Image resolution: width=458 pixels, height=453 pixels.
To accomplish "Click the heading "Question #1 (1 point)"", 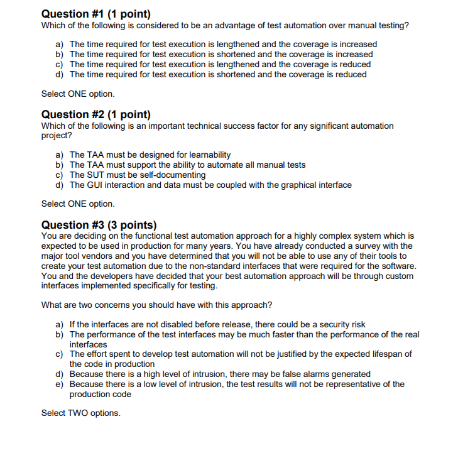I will coord(95,14).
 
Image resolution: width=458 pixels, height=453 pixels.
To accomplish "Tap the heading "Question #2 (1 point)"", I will coord(95,114).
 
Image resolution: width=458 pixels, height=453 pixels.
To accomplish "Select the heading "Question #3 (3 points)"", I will coord(99,225).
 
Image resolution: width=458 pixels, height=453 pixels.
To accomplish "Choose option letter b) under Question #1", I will coord(60,55).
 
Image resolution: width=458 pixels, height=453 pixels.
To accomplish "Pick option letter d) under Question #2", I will coord(60,185).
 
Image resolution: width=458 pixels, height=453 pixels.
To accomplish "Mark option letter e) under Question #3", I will coord(60,384).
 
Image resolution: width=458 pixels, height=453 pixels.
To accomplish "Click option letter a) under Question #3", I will coord(60,325).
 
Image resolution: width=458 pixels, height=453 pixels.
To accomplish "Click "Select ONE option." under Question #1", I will coord(78,94).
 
